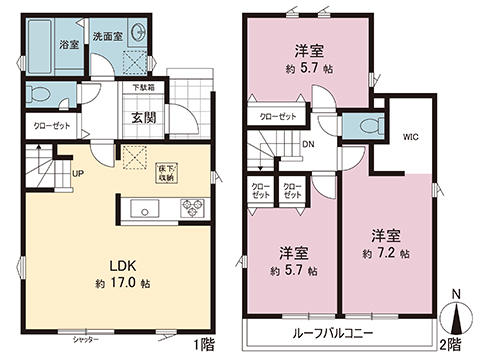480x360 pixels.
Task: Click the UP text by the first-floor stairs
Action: click(x=77, y=172)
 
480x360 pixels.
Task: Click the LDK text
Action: click(x=122, y=265)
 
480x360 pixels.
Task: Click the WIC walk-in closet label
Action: click(x=411, y=135)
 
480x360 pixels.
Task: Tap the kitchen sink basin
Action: click(x=140, y=210)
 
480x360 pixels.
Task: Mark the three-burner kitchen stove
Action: click(x=190, y=209)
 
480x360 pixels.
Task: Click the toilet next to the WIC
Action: click(x=361, y=128)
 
